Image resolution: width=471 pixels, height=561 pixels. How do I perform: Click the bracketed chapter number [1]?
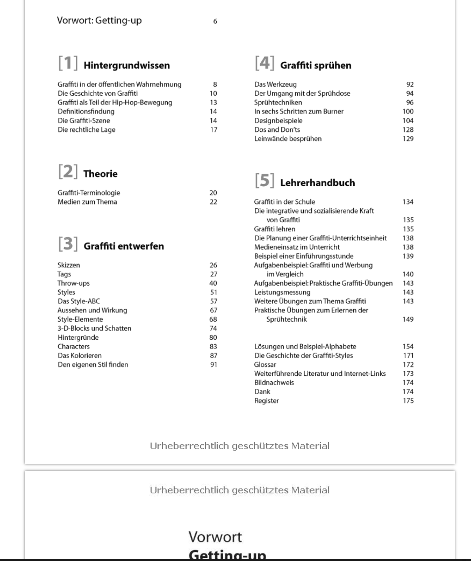68,63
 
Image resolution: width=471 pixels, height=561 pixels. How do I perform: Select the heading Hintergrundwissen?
127,65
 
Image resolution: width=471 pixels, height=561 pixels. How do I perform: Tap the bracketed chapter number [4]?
265,63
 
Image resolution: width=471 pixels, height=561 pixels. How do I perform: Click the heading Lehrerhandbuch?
318,183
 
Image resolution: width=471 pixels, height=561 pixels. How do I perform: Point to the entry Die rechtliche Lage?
87,130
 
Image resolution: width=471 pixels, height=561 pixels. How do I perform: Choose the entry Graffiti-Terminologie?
89,193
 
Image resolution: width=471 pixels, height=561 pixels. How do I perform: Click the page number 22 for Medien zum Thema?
213,202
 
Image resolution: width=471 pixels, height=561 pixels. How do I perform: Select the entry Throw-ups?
73,283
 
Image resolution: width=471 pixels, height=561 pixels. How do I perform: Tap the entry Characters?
73,347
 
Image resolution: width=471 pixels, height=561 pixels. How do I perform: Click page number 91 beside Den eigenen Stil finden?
214,365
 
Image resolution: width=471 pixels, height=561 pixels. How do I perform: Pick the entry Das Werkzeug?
275,85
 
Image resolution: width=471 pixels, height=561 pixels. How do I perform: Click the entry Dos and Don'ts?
277,130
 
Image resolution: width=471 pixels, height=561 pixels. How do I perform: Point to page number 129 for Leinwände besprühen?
408,139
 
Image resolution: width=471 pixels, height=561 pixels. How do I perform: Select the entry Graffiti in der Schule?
284,202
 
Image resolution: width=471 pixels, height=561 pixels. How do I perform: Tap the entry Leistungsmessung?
282,292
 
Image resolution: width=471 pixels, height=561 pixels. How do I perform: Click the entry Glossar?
265,365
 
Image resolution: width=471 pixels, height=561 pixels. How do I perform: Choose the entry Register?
266,401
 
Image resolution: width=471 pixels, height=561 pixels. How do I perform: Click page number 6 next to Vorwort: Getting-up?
215,22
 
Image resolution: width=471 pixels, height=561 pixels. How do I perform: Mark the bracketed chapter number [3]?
68,244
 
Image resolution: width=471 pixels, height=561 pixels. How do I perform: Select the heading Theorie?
101,174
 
